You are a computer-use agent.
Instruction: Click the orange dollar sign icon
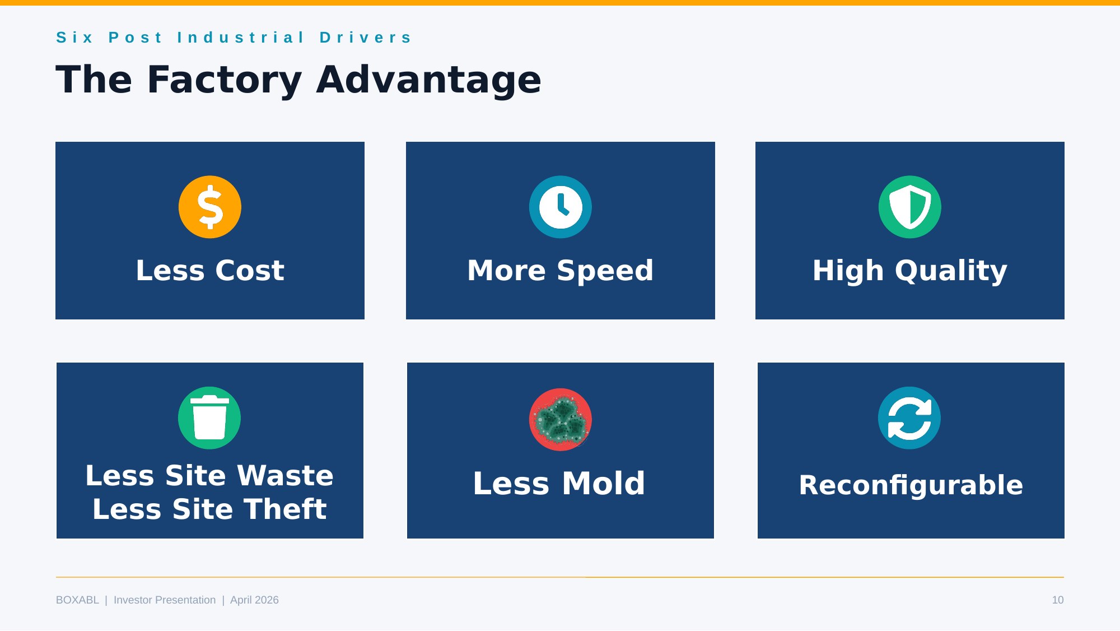[x=210, y=207]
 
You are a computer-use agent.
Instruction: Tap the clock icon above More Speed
[x=560, y=207]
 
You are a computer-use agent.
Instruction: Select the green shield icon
[x=910, y=207]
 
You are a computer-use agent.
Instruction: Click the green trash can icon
[x=209, y=417]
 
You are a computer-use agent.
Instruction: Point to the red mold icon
[x=560, y=420]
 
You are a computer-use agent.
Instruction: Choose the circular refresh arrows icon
[x=909, y=417]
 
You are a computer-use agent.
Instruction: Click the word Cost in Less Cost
[x=250, y=271]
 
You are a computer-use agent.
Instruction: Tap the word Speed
[x=605, y=271]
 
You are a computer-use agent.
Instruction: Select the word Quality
[x=951, y=271]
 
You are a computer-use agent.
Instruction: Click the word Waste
[x=285, y=476]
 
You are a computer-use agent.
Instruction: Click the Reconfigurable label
[x=911, y=485]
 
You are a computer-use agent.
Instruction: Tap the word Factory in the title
[x=224, y=80]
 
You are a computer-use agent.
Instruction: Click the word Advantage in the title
[x=428, y=80]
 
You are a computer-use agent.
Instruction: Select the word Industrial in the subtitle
[x=241, y=38]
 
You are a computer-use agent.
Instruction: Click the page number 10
[x=1057, y=600]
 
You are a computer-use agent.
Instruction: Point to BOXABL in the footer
[x=77, y=600]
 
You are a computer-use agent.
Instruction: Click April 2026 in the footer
[x=254, y=600]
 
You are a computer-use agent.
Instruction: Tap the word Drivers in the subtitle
[x=366, y=38]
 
